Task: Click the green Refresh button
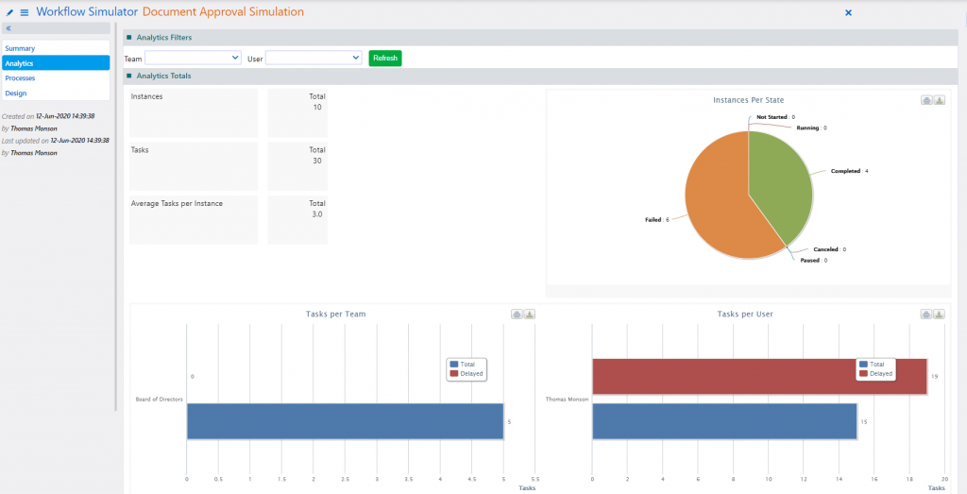point(385,59)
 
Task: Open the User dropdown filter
point(314,59)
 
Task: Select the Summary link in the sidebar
point(20,47)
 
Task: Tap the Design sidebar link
point(16,94)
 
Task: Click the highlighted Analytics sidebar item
point(19,63)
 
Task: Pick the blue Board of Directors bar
point(345,421)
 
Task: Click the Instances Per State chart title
point(748,100)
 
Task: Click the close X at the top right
point(848,12)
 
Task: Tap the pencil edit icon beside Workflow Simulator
point(9,12)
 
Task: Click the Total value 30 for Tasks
point(317,161)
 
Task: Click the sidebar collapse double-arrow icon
point(8,28)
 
